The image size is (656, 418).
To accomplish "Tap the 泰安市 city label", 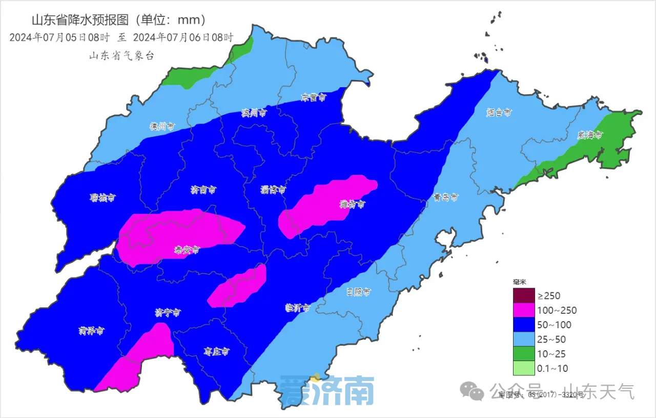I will [x=186, y=250].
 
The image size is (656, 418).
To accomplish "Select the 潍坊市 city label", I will [x=353, y=204].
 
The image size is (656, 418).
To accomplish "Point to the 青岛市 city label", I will [x=445, y=197].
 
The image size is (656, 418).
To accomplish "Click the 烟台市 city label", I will [x=499, y=112].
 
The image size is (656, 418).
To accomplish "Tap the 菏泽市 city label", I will [x=91, y=331].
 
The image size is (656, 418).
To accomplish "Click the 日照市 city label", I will [x=358, y=292].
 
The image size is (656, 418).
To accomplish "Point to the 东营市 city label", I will [x=314, y=97].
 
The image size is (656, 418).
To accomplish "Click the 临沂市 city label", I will [x=297, y=308].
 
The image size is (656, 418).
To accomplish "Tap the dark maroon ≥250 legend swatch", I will [x=523, y=295].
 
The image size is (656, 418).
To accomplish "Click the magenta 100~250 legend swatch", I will [x=523, y=310].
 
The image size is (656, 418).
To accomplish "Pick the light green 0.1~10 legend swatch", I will [x=523, y=368].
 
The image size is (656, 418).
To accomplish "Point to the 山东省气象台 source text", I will [x=121, y=56].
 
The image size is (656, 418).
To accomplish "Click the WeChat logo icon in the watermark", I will [x=472, y=392].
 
